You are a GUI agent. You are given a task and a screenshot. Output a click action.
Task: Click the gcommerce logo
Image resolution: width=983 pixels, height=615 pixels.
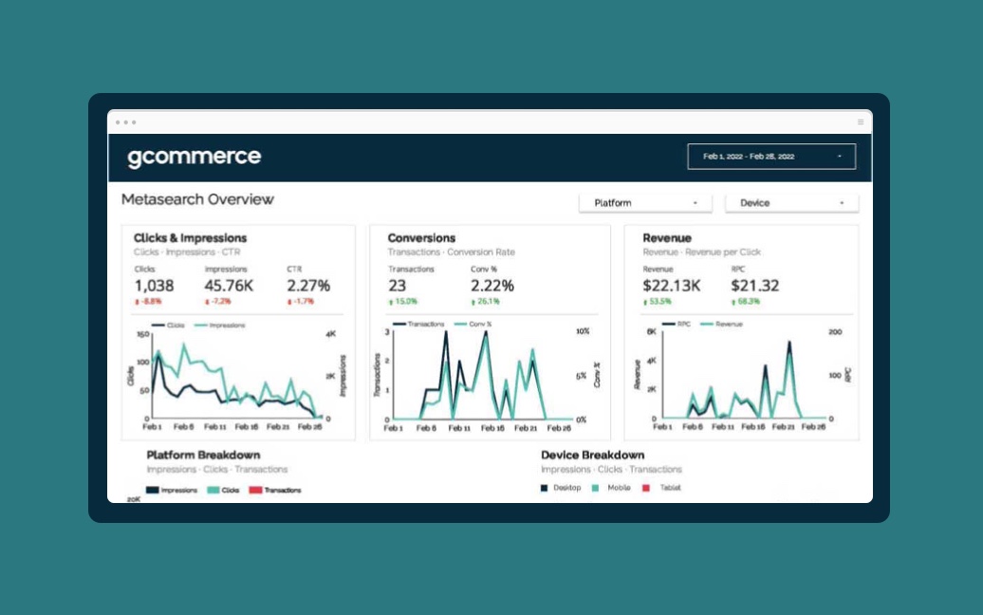(194, 158)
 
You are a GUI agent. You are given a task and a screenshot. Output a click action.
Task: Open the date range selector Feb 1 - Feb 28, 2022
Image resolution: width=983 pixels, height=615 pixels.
(770, 157)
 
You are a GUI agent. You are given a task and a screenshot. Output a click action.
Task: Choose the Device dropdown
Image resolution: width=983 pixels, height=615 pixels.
(791, 203)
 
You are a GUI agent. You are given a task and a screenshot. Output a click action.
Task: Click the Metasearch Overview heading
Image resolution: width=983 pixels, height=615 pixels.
(197, 199)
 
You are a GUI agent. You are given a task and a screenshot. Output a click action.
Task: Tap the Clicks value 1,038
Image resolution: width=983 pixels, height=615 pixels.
(154, 286)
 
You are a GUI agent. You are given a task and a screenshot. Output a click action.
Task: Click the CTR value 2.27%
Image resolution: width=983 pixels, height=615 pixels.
(308, 286)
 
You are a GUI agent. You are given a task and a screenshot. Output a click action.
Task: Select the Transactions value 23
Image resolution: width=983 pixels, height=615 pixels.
(397, 286)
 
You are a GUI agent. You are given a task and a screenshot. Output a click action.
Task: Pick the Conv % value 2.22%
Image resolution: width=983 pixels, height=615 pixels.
(491, 286)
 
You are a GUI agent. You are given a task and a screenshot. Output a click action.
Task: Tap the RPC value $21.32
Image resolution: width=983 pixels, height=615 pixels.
(755, 286)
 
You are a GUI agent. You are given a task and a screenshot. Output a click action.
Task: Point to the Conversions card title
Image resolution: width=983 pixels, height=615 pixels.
(421, 238)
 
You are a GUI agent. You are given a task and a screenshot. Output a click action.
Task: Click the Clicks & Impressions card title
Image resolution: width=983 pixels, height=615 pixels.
(190, 238)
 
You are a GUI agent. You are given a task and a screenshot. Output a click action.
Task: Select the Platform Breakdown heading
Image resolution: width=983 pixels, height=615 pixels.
(203, 456)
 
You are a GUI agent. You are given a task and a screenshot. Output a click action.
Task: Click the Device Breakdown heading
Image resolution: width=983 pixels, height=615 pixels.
(592, 456)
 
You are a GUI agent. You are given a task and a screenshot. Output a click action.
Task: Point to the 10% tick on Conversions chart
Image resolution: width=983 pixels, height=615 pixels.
(582, 331)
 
